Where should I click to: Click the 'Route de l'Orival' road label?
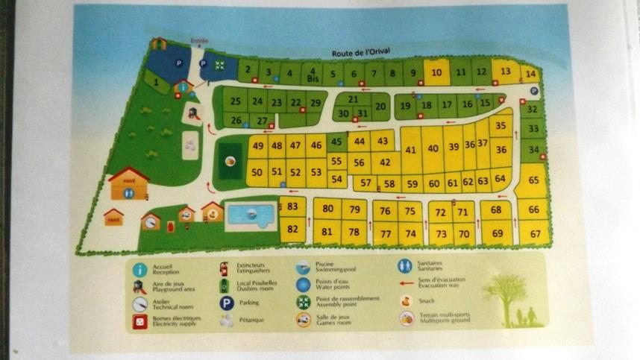[361, 53]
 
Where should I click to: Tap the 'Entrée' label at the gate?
[199, 42]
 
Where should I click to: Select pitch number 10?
[437, 72]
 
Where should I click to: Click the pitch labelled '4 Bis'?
[312, 74]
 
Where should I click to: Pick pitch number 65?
[533, 180]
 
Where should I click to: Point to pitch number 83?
[292, 206]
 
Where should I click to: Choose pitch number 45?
[336, 142]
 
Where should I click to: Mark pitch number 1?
[156, 82]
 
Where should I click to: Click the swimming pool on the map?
[250, 216]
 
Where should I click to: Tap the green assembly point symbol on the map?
[219, 65]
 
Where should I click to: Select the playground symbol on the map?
[193, 113]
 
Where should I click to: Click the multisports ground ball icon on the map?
[230, 161]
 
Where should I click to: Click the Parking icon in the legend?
[226, 303]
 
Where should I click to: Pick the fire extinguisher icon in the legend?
[223, 268]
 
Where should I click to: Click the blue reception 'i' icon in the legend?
[139, 269]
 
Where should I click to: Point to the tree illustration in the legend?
[506, 294]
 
